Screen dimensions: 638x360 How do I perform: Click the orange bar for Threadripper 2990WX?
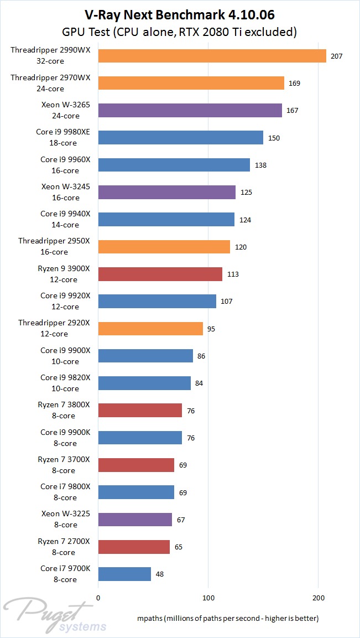point(212,56)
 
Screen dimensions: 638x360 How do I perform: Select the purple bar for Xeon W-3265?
point(190,111)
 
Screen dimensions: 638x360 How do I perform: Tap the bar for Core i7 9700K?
point(124,574)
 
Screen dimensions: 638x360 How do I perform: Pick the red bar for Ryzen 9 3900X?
point(160,274)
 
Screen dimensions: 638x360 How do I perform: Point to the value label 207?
point(335,56)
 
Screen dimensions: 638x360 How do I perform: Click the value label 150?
point(274,138)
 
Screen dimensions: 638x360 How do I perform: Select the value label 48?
point(160,574)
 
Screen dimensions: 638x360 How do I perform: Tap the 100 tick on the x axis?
point(208,598)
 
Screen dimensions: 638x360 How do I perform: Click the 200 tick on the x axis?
point(319,598)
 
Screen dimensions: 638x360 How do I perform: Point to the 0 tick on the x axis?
point(98,598)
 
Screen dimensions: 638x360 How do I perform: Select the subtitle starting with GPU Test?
point(180,32)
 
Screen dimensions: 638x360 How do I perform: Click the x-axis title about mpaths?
point(227,618)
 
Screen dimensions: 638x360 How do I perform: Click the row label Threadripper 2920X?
point(50,328)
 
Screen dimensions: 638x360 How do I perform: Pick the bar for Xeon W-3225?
point(135,519)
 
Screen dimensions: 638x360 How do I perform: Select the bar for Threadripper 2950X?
point(164,247)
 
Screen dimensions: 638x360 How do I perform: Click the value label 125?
point(245,193)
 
